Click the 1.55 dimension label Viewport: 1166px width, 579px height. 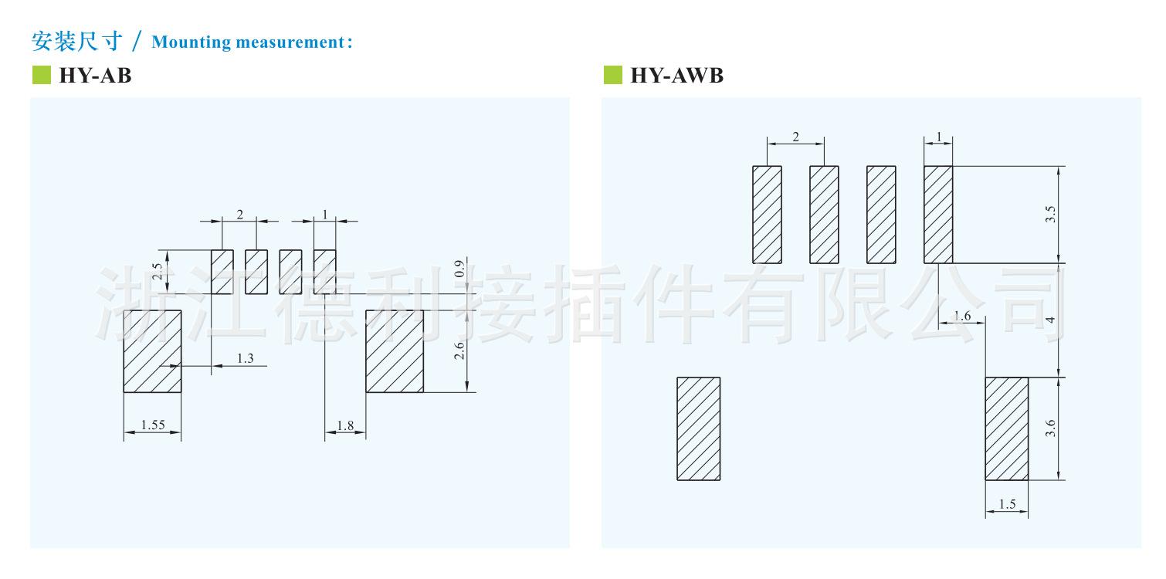coord(152,425)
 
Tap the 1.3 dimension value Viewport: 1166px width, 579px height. coord(245,358)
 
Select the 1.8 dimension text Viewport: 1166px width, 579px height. coord(345,425)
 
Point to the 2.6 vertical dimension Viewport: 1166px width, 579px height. coord(459,351)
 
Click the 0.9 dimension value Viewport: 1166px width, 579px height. coord(459,270)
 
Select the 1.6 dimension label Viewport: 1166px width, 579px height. coord(962,316)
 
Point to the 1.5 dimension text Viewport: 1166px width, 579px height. coord(1007,505)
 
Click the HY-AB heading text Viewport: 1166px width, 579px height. coord(95,76)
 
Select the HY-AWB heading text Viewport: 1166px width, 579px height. coord(676,76)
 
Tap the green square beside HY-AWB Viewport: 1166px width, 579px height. coord(612,75)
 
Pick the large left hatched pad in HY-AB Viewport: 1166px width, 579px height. coord(152,351)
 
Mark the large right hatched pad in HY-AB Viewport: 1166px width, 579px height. coord(395,351)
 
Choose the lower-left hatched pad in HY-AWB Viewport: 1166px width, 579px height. coord(698,428)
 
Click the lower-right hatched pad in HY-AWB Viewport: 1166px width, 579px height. coord(1006,428)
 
